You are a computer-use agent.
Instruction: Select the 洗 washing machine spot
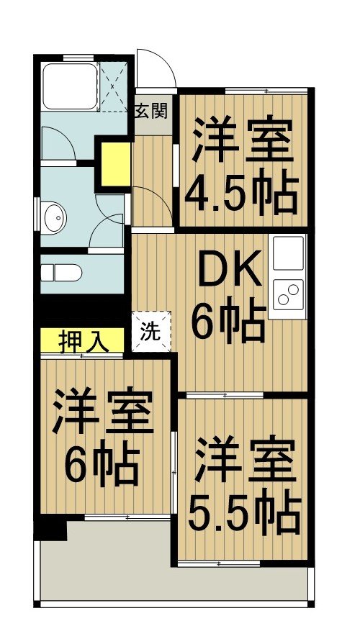[x=151, y=331]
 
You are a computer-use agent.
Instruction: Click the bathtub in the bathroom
[x=69, y=86]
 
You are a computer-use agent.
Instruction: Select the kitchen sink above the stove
[x=288, y=253]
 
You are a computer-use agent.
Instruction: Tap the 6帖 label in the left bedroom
[x=101, y=468]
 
